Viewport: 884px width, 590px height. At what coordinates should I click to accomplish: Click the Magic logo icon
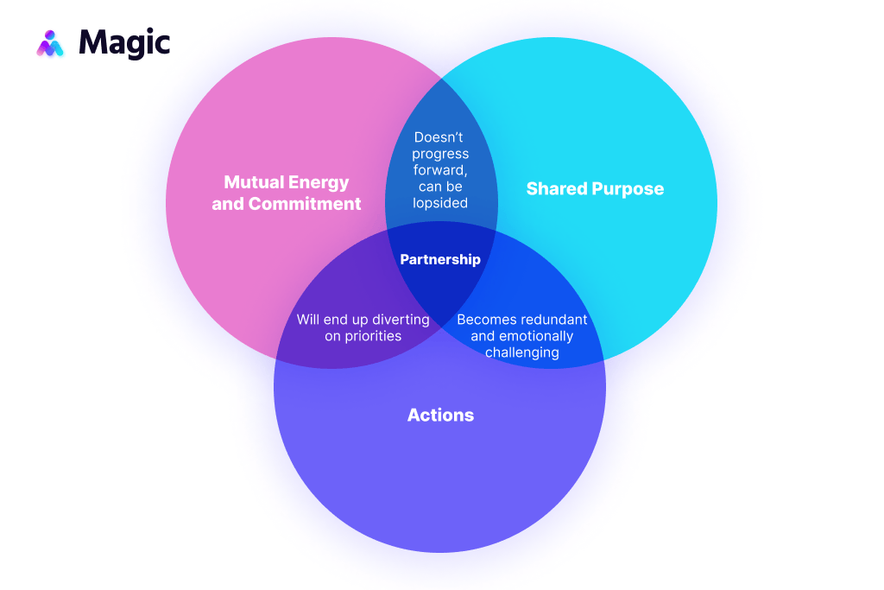click(x=50, y=43)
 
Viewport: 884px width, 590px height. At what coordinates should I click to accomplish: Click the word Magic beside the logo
click(x=124, y=43)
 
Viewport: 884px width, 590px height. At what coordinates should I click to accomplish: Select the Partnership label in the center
click(x=440, y=259)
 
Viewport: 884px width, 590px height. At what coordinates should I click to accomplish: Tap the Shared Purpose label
click(x=595, y=188)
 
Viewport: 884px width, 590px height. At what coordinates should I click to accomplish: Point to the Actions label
click(x=440, y=415)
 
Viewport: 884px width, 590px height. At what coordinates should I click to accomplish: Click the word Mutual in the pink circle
click(x=254, y=182)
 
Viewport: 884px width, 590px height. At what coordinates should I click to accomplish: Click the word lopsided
click(x=441, y=203)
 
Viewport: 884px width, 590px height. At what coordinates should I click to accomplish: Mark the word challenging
click(x=522, y=352)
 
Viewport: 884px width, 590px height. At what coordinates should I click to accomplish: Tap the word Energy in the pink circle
click(x=319, y=182)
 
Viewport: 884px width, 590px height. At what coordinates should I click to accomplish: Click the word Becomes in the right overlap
click(x=484, y=320)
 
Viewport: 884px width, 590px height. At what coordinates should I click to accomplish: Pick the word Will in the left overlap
click(x=308, y=320)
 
